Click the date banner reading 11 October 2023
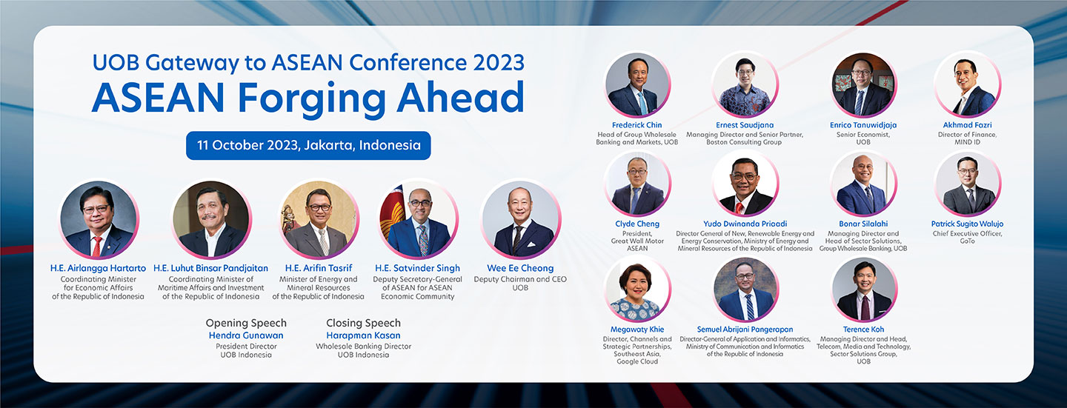pos(308,145)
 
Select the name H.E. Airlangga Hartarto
pos(98,268)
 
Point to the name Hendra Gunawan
pos(246,335)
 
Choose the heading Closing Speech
pos(363,323)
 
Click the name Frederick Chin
pos(636,125)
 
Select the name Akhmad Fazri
pos(968,125)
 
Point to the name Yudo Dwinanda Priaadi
pos(745,224)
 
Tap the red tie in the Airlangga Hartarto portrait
pos(96,247)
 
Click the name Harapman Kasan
pos(363,335)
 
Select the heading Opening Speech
pos(246,323)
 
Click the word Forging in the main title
pos(311,97)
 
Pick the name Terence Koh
pos(863,330)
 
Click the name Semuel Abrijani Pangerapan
pos(745,330)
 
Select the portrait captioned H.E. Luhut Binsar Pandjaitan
pos(211,220)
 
